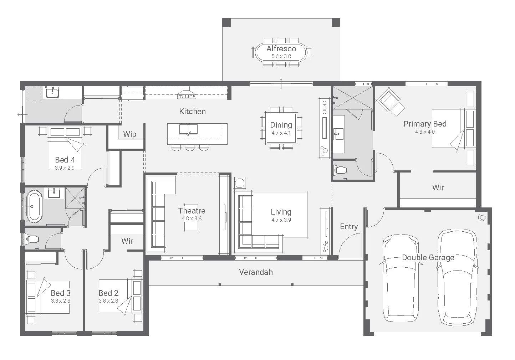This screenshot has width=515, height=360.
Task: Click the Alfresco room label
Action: click(x=281, y=48)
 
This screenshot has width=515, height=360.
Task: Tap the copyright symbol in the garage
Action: click(x=482, y=217)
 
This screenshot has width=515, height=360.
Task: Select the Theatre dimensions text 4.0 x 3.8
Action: click(x=192, y=218)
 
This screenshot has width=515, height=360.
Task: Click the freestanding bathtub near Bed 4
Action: click(x=34, y=206)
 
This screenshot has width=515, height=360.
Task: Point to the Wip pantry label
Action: click(x=129, y=134)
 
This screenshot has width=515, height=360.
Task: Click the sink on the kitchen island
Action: click(x=188, y=129)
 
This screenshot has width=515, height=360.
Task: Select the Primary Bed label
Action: click(x=425, y=124)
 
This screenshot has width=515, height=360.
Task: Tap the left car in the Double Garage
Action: click(x=401, y=278)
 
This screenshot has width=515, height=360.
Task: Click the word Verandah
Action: click(x=256, y=272)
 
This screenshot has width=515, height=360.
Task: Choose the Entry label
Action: click(x=348, y=226)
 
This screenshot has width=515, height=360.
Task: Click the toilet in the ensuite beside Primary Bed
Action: click(x=341, y=170)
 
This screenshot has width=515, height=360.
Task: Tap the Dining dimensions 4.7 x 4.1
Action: click(x=281, y=133)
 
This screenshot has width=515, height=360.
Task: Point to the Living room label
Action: click(x=281, y=212)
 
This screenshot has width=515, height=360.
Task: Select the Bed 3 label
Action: click(x=61, y=293)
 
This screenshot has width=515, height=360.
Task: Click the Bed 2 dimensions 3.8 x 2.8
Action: click(x=108, y=301)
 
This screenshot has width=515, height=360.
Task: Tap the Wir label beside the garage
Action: click(x=438, y=187)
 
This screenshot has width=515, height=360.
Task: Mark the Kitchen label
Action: click(x=192, y=111)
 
